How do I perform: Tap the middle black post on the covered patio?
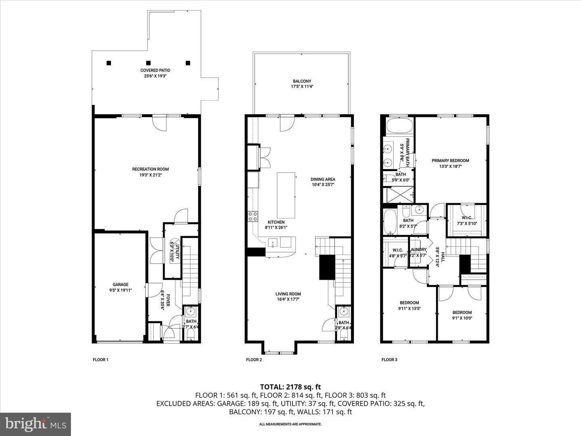click(148, 63)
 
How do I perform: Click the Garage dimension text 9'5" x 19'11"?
click(120, 290)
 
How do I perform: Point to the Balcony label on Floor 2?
click(302, 81)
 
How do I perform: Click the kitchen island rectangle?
click(286, 195)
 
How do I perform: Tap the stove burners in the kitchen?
click(253, 217)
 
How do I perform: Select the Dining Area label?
click(323, 180)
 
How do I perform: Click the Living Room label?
click(288, 294)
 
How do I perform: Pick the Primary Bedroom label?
click(450, 161)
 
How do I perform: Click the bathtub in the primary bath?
click(399, 126)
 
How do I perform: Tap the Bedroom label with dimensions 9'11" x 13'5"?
click(409, 303)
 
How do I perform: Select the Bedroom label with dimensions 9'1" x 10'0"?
click(462, 312)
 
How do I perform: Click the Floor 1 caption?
click(101, 360)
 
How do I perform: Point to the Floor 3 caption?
click(389, 360)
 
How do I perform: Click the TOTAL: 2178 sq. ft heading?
click(290, 387)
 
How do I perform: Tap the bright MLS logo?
click(36, 424)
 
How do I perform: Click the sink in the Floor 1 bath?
click(191, 312)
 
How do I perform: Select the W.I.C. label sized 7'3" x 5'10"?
click(467, 218)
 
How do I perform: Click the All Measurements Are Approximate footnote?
click(290, 424)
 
